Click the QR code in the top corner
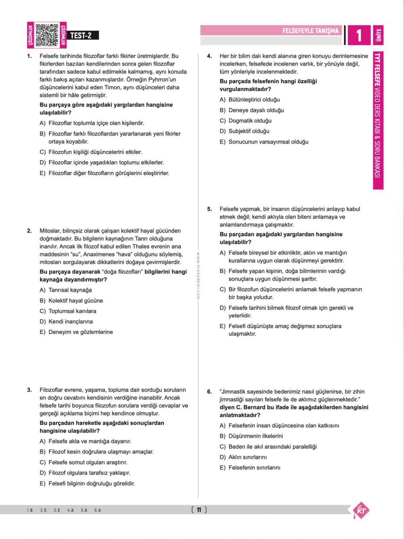pos(47,35)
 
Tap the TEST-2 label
pos(81,35)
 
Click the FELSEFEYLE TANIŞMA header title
pos(310,31)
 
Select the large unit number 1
pos(359,35)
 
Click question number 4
pos(209,56)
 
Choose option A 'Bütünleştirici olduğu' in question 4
pos(254,100)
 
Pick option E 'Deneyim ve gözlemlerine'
pos(80,332)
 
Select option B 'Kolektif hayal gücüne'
pos(75,301)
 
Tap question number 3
pos(29,390)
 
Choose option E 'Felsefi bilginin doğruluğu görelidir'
pos(92,484)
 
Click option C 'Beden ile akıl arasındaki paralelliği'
pos(272,447)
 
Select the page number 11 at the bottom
pos(199,510)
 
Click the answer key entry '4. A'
pos(70,510)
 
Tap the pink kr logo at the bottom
pos(361,510)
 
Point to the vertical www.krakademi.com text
pos(198,275)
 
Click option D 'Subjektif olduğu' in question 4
pos(248,131)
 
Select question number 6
pos(209,392)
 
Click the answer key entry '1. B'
pos(30,510)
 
